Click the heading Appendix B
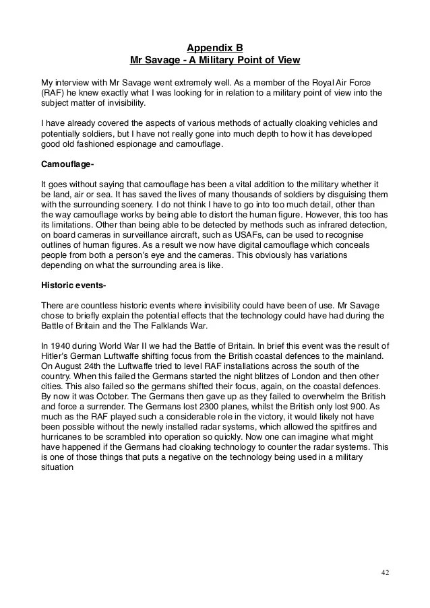click(214, 48)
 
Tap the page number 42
click(385, 572)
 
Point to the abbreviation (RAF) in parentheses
click(52, 93)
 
